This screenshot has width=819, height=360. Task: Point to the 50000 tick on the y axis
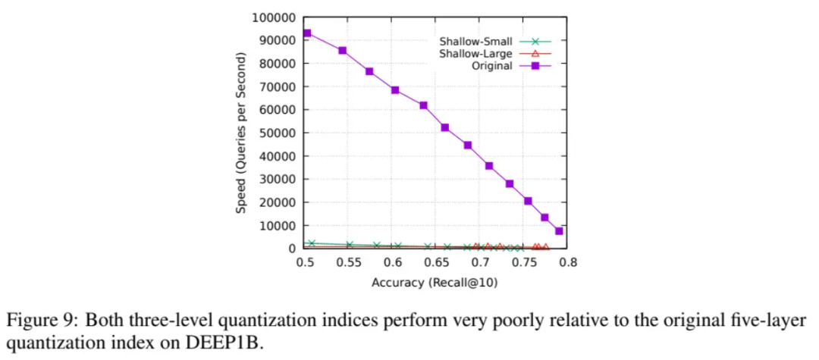(277, 133)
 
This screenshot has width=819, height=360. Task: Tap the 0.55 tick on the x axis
(349, 261)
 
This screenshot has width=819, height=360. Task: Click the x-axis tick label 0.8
(568, 261)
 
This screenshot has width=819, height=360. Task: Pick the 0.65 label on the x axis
(437, 261)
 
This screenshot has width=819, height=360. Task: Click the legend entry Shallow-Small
(475, 41)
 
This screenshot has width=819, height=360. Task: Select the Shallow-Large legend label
(475, 53)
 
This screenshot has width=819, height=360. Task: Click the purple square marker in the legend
(535, 65)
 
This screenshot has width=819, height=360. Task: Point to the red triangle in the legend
(535, 53)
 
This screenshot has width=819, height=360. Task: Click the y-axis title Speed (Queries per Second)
(241, 133)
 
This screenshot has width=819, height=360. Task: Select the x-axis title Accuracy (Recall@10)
(435, 283)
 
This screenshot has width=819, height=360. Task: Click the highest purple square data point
(307, 33)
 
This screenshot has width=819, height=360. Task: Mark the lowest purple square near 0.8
(559, 231)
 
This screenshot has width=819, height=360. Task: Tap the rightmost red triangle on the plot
(545, 247)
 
